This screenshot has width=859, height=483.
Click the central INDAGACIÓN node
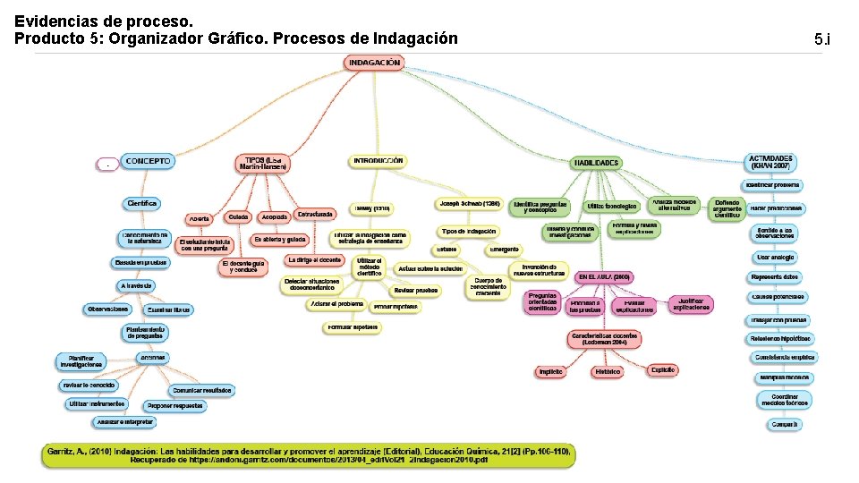click(x=373, y=63)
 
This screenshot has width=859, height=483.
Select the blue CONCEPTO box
click(x=147, y=162)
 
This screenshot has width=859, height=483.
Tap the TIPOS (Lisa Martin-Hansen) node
click(x=264, y=163)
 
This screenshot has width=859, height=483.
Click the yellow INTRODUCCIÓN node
click(x=378, y=162)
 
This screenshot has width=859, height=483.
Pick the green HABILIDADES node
click(x=595, y=163)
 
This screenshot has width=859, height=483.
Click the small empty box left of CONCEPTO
click(x=107, y=165)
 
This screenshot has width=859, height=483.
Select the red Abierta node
click(x=198, y=219)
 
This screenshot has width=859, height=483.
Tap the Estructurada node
click(x=316, y=215)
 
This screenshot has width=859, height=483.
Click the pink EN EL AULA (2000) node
click(x=605, y=277)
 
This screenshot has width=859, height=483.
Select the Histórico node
click(x=607, y=371)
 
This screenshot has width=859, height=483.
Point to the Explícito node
click(x=663, y=369)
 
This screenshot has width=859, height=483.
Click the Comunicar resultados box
click(x=201, y=391)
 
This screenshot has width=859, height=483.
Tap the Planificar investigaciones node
click(x=81, y=361)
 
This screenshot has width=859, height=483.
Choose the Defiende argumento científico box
click(x=727, y=209)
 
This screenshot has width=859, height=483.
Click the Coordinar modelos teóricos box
click(x=785, y=399)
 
